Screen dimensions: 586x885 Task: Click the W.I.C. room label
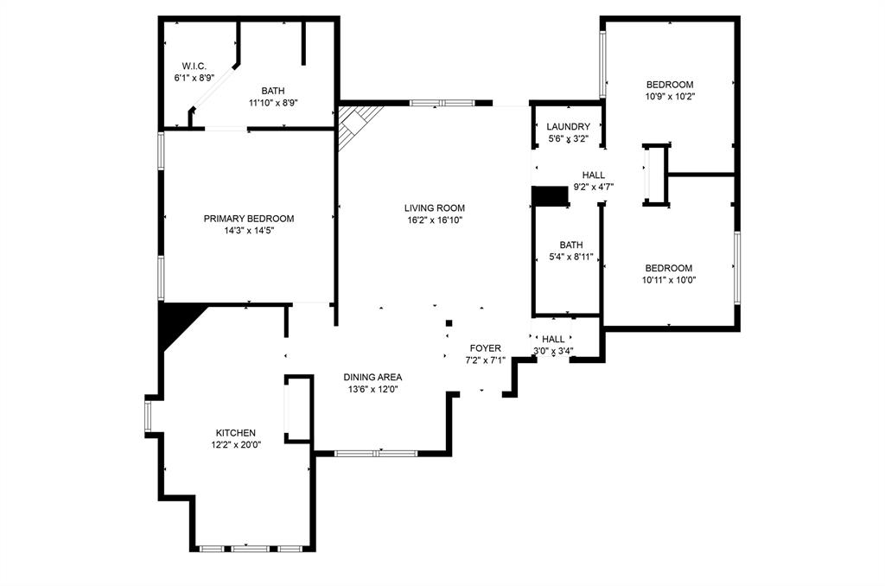[194, 66]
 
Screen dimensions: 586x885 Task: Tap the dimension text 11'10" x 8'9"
[273, 103]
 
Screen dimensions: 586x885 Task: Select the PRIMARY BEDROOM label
[249, 219]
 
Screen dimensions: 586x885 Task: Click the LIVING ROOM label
[435, 207]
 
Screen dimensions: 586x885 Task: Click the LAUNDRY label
[569, 126]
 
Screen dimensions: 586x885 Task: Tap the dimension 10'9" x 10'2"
[670, 96]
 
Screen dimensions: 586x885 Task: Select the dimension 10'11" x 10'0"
[669, 280]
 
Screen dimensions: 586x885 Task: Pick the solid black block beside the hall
[549, 196]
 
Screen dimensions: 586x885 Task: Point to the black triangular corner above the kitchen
[176, 321]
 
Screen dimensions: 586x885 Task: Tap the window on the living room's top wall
[442, 103]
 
